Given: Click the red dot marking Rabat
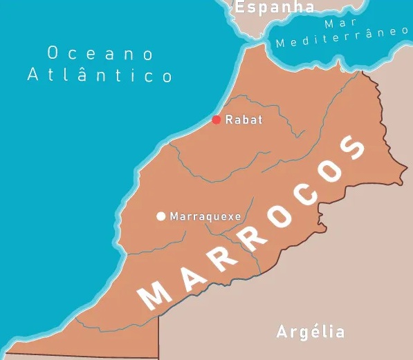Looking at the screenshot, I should pyautogui.click(x=217, y=120).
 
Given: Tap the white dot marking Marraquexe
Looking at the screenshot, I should pyautogui.click(x=161, y=216).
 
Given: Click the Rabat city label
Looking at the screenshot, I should pyautogui.click(x=244, y=120).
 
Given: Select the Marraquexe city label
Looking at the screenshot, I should pyautogui.click(x=205, y=216).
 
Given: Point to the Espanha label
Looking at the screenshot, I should pyautogui.click(x=275, y=8).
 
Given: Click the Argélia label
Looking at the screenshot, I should pyautogui.click(x=311, y=332).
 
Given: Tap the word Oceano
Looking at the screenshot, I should pyautogui.click(x=99, y=53).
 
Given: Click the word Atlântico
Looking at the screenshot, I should pyautogui.click(x=99, y=75).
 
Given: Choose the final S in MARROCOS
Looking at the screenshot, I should pyautogui.click(x=355, y=146).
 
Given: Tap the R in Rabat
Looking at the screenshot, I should pyautogui.click(x=230, y=120).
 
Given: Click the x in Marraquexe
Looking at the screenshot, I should pyautogui.click(x=226, y=217).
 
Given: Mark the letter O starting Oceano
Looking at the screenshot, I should pyautogui.click(x=53, y=53).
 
